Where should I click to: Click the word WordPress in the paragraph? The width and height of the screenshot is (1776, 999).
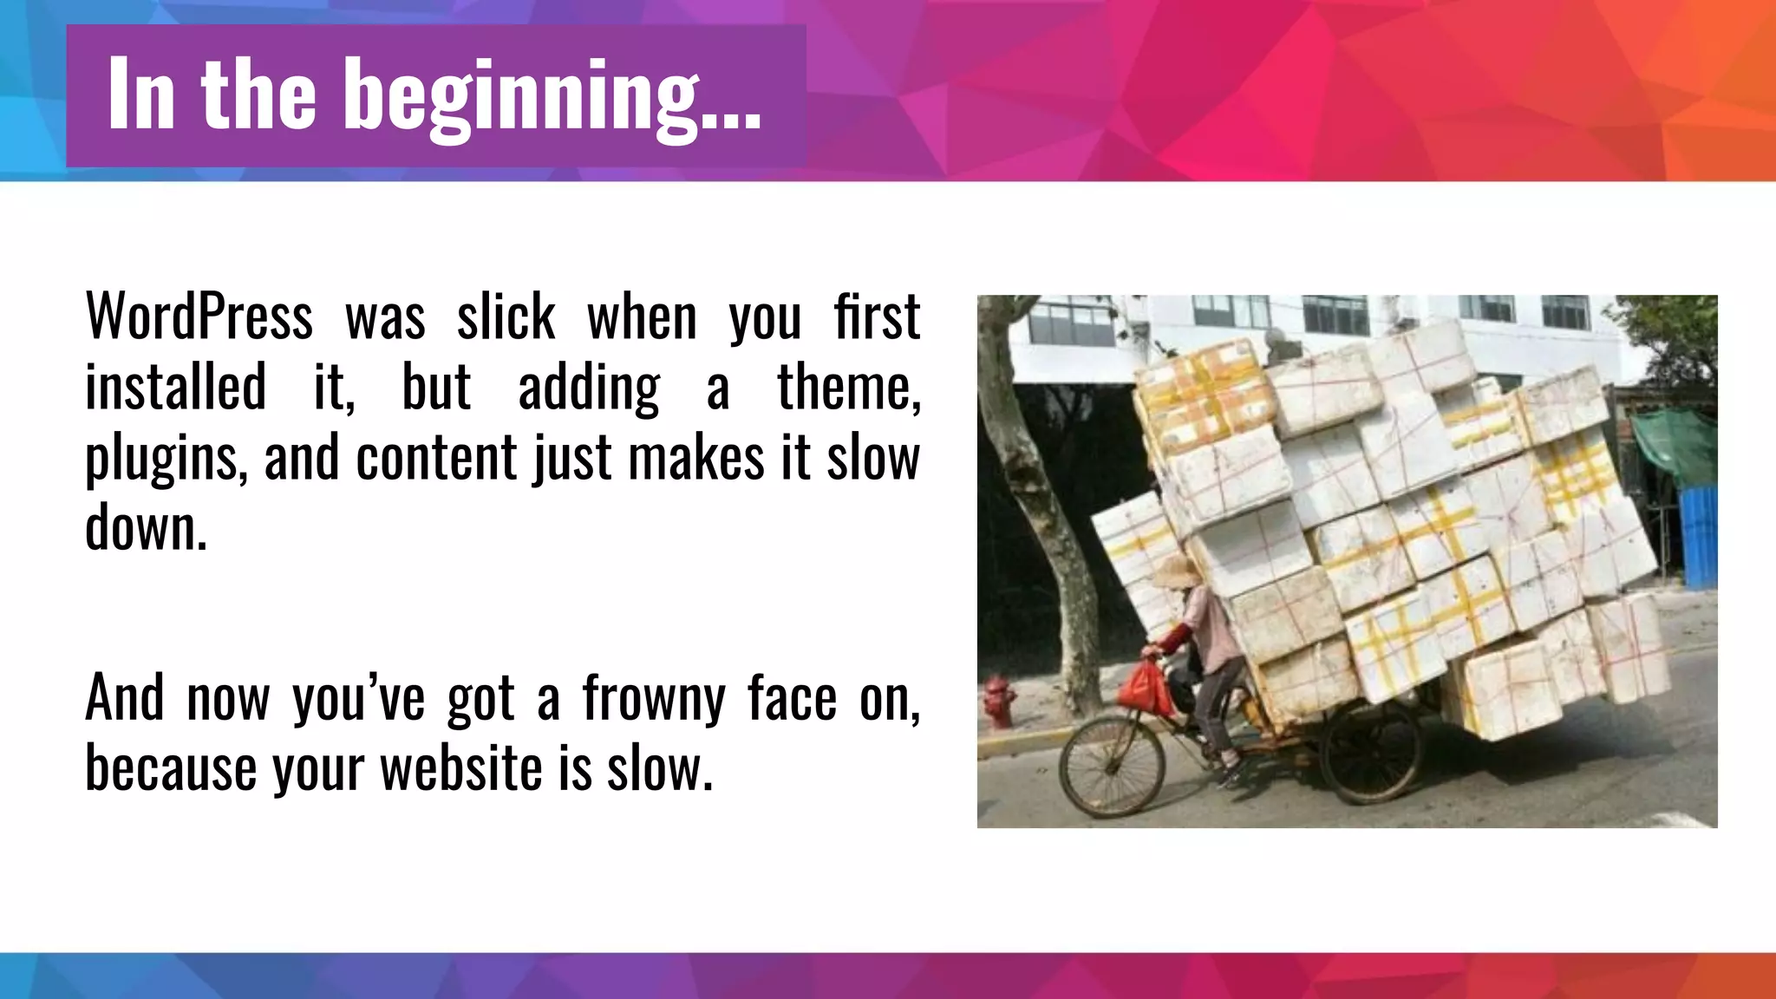click(199, 317)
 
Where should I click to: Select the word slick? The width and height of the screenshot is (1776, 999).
click(506, 317)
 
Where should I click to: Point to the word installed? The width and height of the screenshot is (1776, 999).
click(175, 387)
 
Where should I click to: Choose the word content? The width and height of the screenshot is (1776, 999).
click(436, 457)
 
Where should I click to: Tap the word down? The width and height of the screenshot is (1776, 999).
click(146, 527)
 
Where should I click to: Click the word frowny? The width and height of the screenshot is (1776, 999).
click(653, 699)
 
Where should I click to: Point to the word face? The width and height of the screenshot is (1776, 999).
click(792, 697)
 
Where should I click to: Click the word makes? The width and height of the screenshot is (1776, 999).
click(695, 457)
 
